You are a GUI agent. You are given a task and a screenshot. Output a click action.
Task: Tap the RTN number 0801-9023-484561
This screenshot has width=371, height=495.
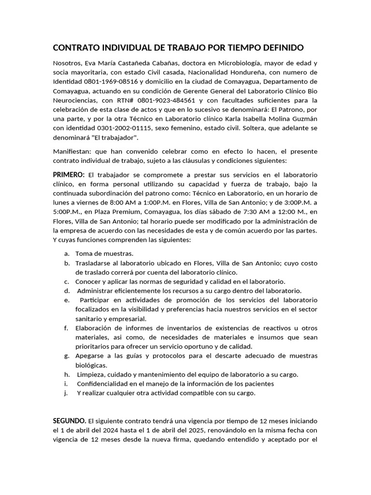point(163,100)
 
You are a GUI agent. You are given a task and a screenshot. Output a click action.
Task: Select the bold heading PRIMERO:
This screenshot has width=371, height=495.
point(69,174)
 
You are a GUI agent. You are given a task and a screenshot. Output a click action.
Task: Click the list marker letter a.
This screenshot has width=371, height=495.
point(66,253)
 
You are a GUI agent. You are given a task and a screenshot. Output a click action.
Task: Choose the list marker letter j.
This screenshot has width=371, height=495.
point(66,393)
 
